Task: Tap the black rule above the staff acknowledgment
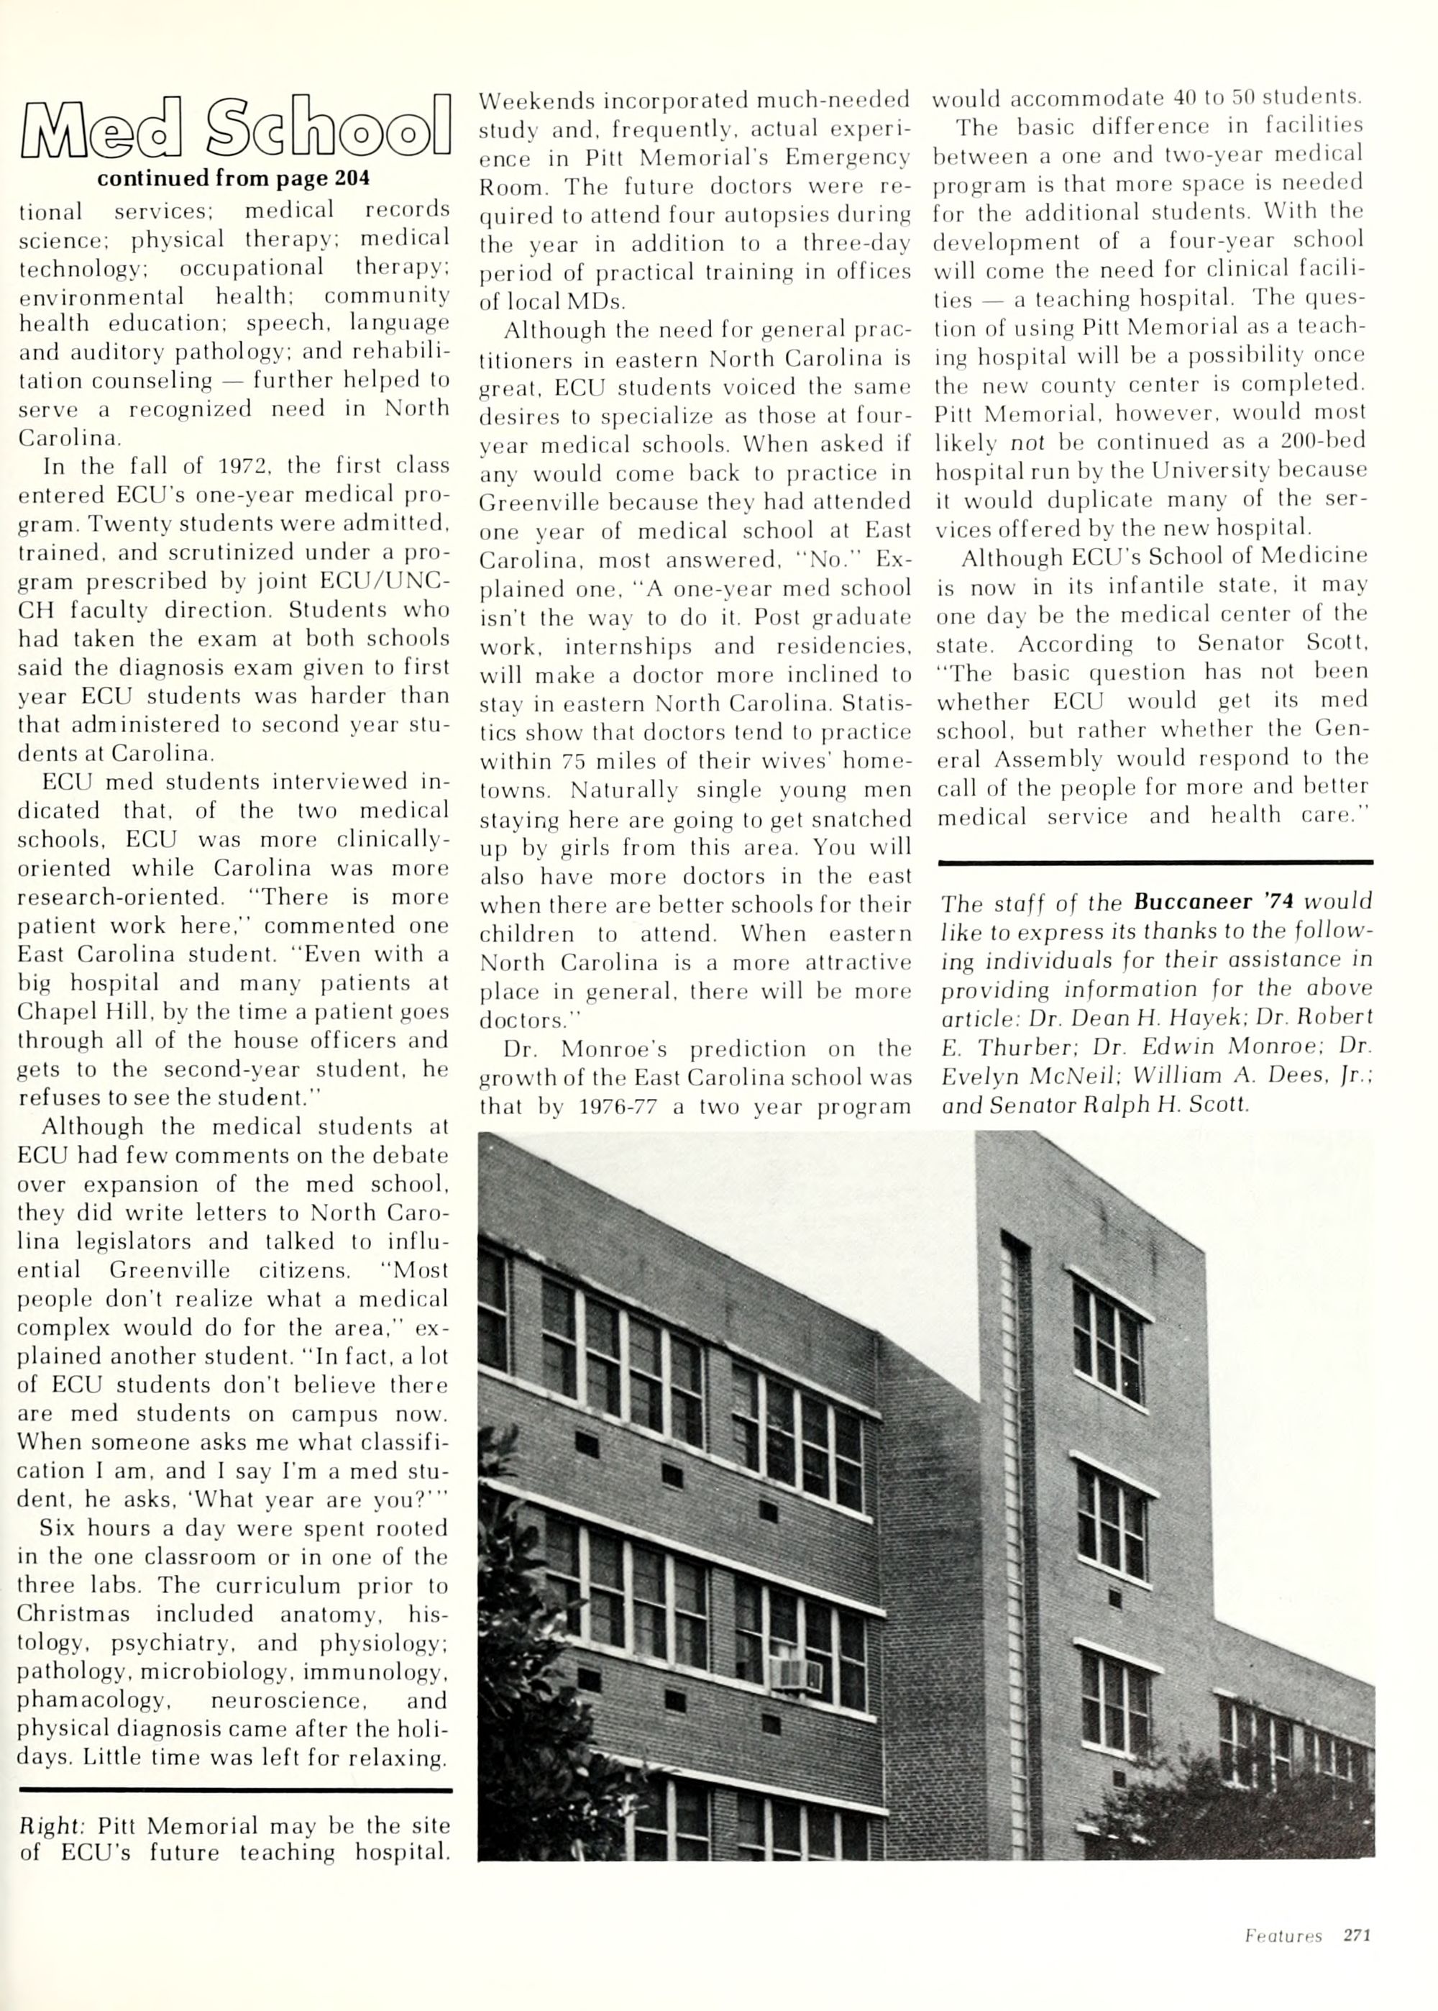point(1155,861)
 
